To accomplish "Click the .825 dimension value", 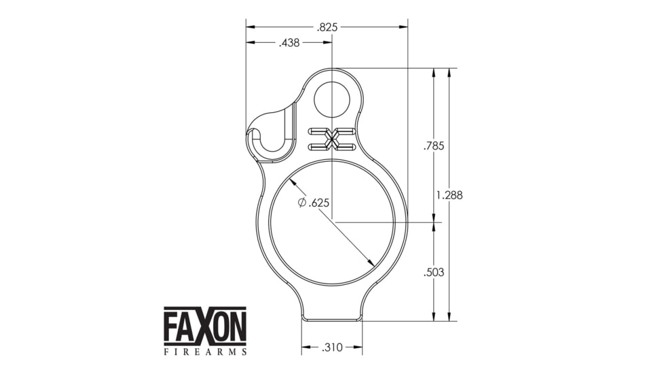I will point(327,27).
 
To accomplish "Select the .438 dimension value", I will point(289,43).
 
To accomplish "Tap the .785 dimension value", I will point(433,146).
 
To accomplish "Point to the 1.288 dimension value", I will point(449,194).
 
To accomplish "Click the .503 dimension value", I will point(433,272).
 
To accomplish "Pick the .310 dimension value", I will point(332,347).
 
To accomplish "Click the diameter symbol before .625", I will point(302,203).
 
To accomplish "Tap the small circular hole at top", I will point(332,99).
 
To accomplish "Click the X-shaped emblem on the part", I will point(332,139).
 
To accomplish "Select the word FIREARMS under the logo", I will point(205,352).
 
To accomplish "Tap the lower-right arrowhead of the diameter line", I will point(371,263).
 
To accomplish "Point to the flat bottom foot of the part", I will point(332,318).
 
